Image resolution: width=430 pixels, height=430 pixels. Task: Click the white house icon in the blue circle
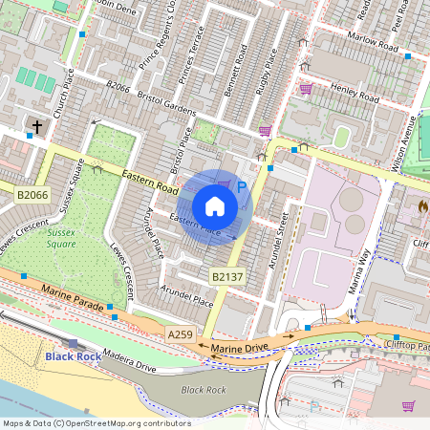(x=215, y=205)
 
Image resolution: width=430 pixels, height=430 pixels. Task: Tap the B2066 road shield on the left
(x=32, y=194)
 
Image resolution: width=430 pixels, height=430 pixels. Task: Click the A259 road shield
(x=180, y=334)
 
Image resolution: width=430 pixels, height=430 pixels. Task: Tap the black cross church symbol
(x=38, y=127)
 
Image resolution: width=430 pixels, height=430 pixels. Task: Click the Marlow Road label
(x=374, y=44)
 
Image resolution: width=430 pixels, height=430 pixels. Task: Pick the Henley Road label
(x=355, y=92)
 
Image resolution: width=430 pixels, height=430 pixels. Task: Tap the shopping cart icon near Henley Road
(x=306, y=89)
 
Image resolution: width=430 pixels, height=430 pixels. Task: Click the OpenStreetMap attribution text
(x=96, y=423)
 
